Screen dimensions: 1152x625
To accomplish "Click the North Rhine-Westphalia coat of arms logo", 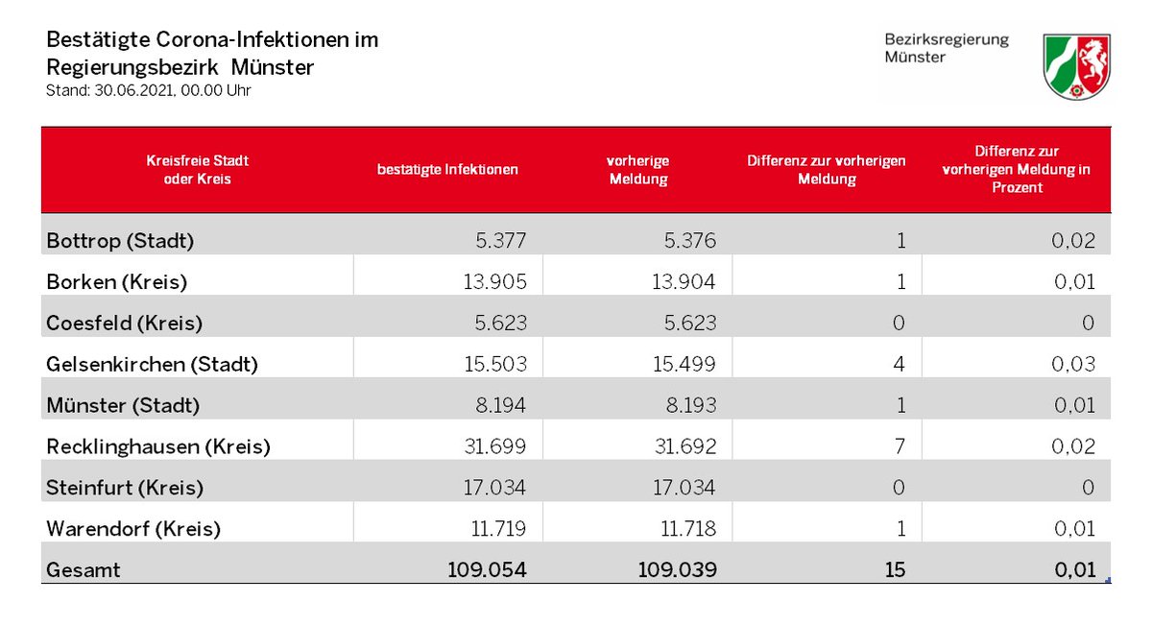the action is point(1076,66).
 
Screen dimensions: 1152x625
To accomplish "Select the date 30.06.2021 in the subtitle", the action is point(132,90).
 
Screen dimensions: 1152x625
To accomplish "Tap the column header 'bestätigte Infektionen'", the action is point(447,170).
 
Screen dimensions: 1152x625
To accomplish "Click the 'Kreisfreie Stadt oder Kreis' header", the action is point(198,170).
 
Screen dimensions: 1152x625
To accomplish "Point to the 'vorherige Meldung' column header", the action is point(638,170).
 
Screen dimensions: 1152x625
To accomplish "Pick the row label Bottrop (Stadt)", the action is point(120,241).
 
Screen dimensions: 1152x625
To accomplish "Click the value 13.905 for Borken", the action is point(494,282).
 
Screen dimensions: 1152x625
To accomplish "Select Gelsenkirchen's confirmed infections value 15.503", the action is point(495,364).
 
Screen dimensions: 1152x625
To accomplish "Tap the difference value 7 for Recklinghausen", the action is point(900,446).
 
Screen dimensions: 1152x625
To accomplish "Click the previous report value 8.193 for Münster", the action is point(690,405).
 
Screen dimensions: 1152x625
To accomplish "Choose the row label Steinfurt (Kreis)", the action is point(125,488).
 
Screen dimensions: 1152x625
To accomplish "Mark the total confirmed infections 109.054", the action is point(487,570).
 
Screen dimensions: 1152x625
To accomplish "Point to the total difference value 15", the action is point(895,570).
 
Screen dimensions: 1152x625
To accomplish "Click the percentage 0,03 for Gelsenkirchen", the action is point(1073,364).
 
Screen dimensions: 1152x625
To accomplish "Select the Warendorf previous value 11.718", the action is point(688,529).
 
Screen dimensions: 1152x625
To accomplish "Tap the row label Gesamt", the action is point(84,570).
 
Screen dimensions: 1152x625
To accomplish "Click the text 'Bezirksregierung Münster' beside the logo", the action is point(947,48).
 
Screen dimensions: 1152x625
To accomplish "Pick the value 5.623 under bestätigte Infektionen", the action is point(500,323).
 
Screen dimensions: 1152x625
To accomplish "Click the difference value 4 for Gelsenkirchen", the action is point(899,364).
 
